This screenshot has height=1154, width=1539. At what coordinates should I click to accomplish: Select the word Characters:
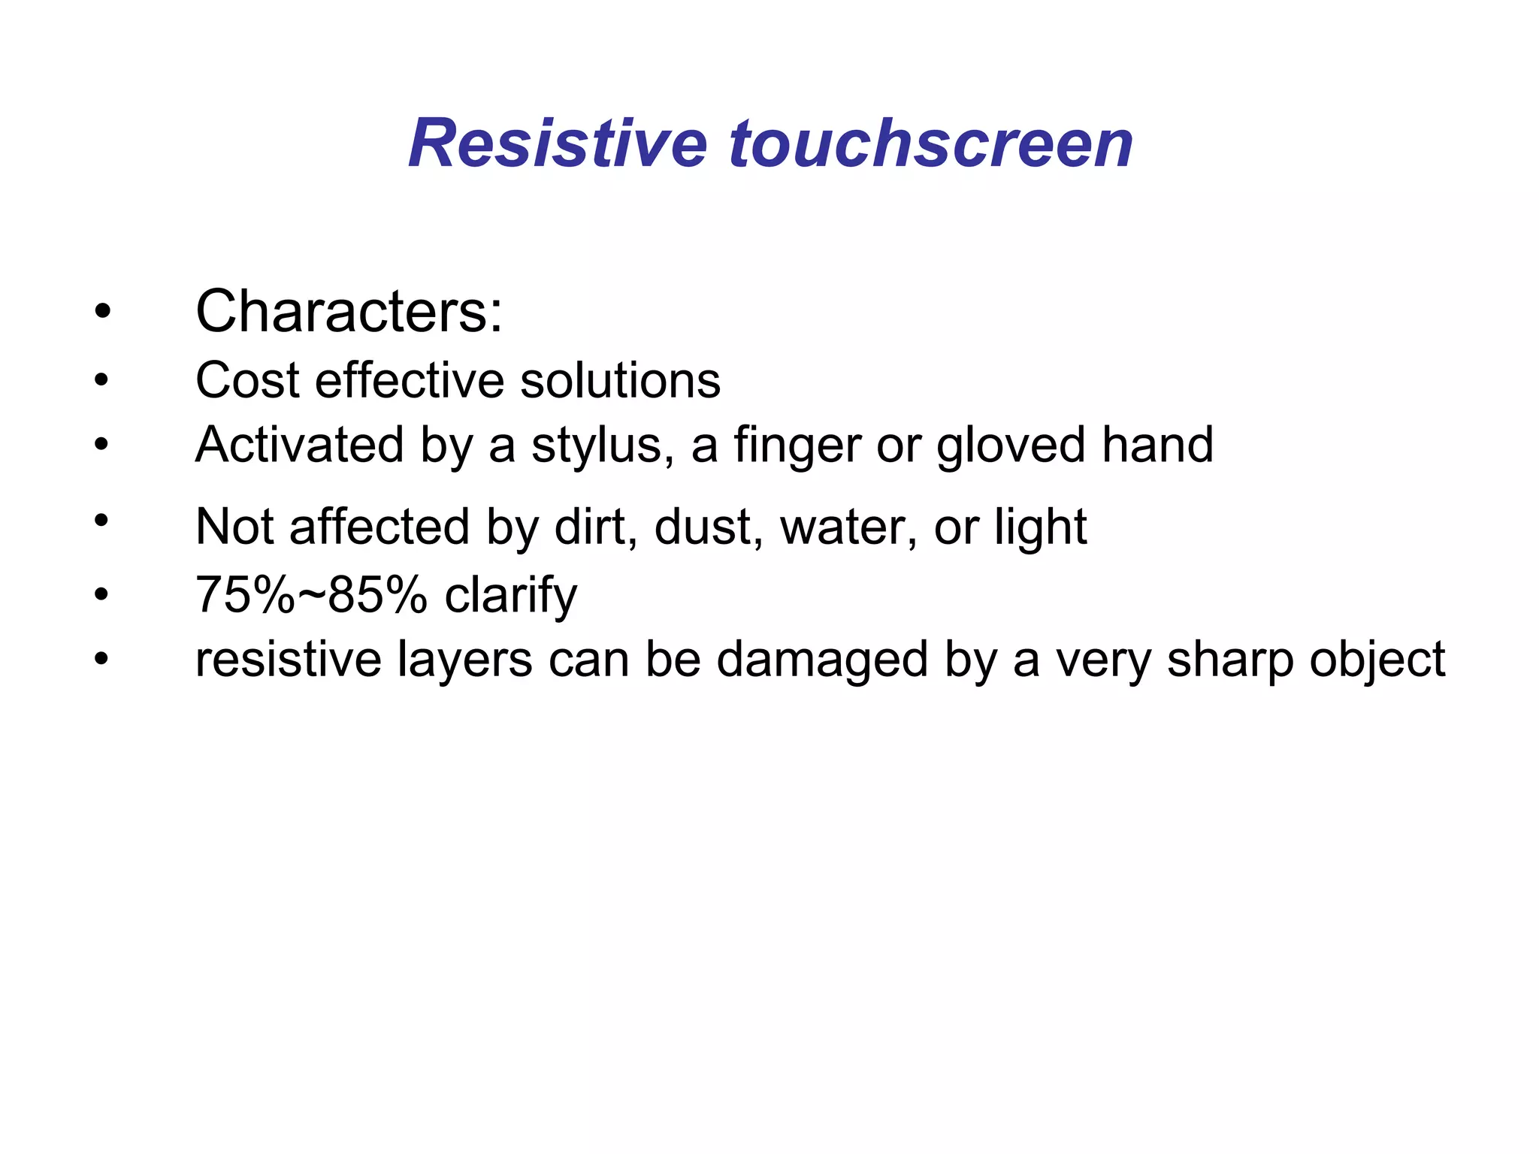[349, 311]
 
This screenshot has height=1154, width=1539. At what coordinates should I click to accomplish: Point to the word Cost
[248, 380]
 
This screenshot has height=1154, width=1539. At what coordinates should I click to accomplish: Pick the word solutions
[620, 380]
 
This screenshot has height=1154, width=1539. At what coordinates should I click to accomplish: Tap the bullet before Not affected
[102, 519]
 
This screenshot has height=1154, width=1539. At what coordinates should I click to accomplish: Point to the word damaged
[822, 660]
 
